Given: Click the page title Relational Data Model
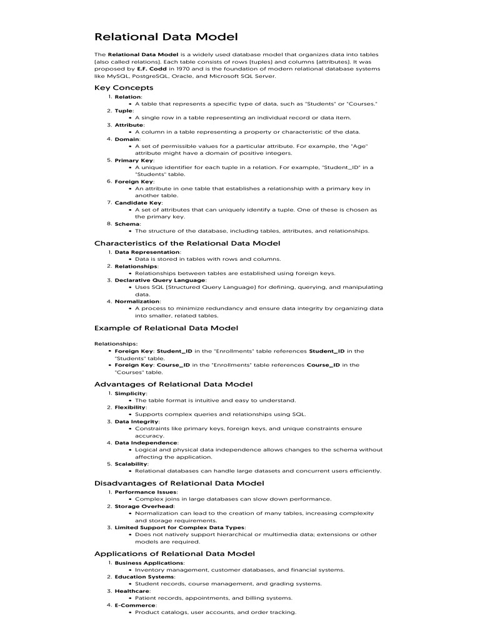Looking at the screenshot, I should point(166,37).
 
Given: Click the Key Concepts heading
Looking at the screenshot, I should point(124,87).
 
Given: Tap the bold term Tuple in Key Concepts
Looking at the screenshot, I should point(123,110).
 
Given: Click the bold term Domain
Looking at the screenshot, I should point(127,139).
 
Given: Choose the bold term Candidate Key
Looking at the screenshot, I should point(138,203).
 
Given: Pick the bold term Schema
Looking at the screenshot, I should point(127,223).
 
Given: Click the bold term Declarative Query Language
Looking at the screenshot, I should point(160,280).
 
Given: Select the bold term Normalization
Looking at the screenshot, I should point(137,301).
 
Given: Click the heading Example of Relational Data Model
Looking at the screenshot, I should point(166,328).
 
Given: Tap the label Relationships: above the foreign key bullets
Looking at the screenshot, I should point(116,344).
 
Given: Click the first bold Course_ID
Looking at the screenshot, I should point(173,365).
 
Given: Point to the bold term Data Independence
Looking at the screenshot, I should point(146,442).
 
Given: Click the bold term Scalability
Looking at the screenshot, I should point(131,464).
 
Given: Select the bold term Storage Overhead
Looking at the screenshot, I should point(144,506).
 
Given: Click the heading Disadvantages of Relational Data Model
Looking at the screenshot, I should point(179,483).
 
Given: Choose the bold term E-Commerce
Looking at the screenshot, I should point(135,605).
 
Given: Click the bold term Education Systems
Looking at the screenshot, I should point(144,577).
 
